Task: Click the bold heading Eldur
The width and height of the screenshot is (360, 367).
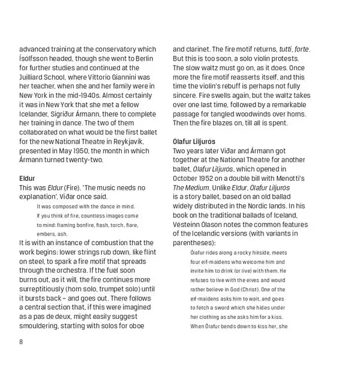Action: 27,178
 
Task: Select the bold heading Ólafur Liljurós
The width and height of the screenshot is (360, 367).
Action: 194,141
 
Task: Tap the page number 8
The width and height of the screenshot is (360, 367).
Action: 21,342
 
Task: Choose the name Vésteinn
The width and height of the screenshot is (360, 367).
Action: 188,223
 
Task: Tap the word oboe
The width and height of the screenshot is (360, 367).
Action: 142,326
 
